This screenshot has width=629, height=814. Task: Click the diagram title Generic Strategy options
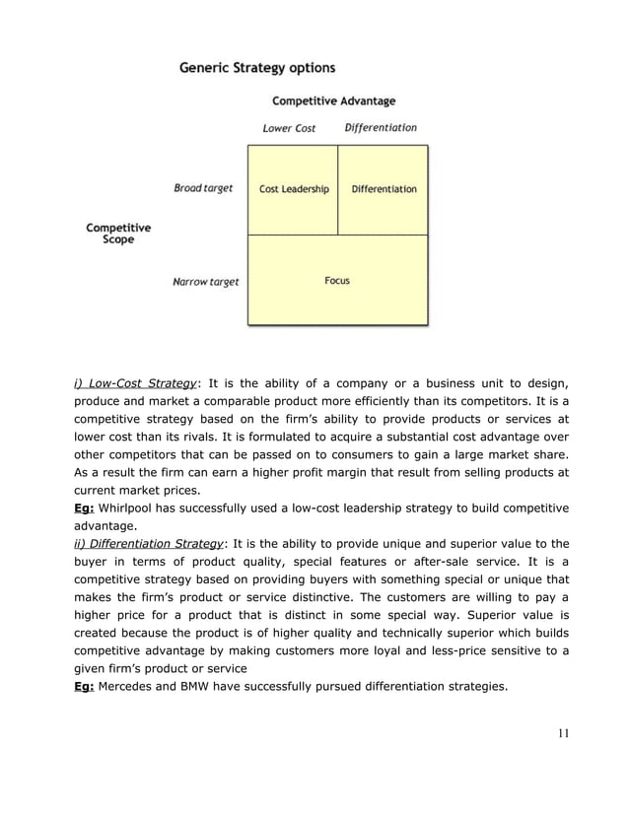pos(256,68)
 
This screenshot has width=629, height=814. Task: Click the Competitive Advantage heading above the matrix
pos(333,101)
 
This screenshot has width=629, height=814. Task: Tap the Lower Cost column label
pos(289,128)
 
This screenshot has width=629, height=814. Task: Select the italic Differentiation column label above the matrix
pos(381,127)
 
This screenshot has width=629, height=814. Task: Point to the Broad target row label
pos(203,188)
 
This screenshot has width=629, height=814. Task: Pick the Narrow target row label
pos(205,282)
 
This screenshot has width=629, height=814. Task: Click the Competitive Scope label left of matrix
pos(118,234)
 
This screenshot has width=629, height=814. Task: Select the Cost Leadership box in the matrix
pos(294,189)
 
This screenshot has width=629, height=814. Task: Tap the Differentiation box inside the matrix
pos(384,189)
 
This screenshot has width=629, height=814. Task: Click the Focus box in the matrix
pos(337,281)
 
